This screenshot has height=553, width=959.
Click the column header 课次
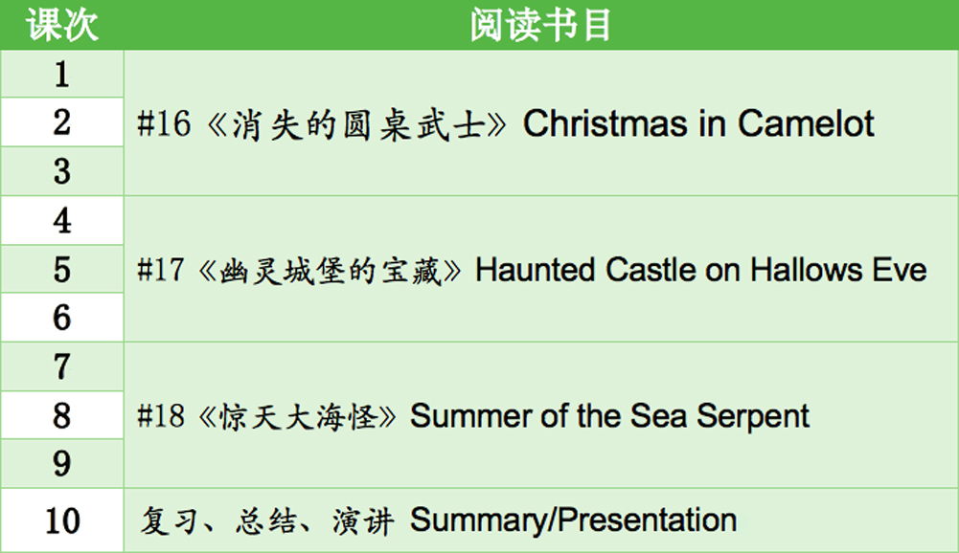pyautogui.click(x=61, y=25)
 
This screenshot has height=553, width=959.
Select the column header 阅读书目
pyautogui.click(x=540, y=25)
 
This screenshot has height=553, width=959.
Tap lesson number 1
pyautogui.click(x=61, y=75)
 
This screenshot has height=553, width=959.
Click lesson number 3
pyautogui.click(x=61, y=171)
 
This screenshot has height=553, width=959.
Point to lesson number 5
pyautogui.click(x=61, y=270)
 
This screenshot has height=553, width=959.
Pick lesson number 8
pyautogui.click(x=61, y=415)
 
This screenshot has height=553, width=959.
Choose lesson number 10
pyautogui.click(x=62, y=521)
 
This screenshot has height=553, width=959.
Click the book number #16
pyautogui.click(x=164, y=123)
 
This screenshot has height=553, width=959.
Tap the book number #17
pyautogui.click(x=160, y=270)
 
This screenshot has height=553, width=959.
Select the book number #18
pyautogui.click(x=160, y=416)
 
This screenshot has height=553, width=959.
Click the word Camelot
pyautogui.click(x=806, y=123)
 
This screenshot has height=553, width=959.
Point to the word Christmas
pyautogui.click(x=605, y=123)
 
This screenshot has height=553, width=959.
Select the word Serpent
pyautogui.click(x=753, y=417)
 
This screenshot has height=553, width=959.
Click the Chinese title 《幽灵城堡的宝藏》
pyautogui.click(x=331, y=271)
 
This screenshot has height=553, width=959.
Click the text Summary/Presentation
pyautogui.click(x=573, y=521)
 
